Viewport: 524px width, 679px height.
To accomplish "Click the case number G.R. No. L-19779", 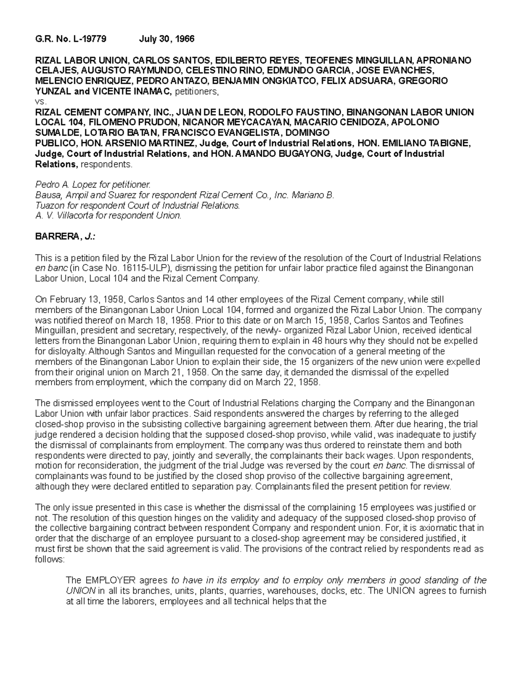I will (70, 39).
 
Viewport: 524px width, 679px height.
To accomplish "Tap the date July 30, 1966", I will (166, 39).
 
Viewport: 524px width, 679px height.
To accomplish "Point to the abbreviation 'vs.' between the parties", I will (40, 102).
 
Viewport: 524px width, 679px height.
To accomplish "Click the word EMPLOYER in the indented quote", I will (110, 581).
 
